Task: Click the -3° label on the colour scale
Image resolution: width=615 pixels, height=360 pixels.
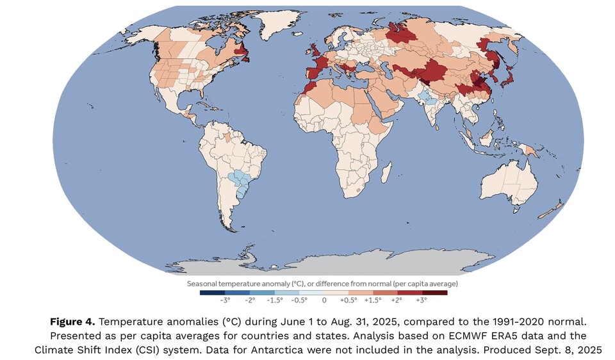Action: click(x=225, y=299)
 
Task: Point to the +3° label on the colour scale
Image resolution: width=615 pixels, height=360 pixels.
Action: click(x=422, y=299)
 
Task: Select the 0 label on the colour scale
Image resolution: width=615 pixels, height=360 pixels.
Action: click(x=324, y=299)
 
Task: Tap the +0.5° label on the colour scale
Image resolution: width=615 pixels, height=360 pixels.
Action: click(x=348, y=299)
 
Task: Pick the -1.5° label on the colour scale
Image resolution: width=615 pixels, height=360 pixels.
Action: click(x=275, y=299)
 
